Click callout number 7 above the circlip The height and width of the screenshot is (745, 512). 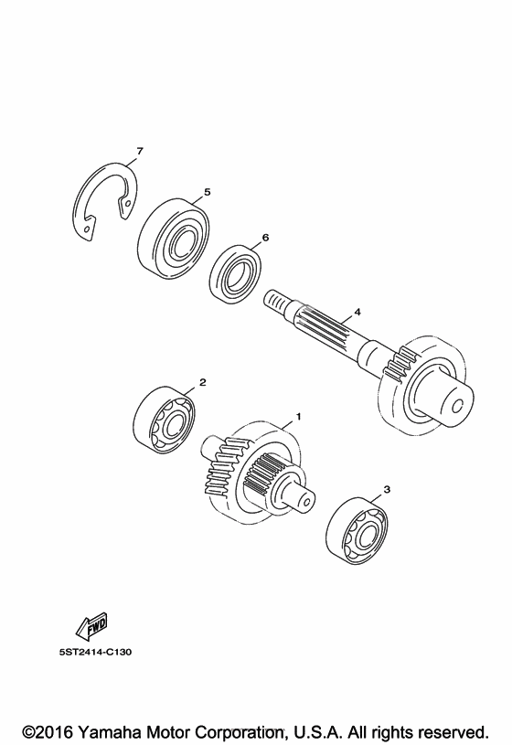tap(139, 152)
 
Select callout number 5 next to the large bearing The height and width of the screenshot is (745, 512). tap(207, 192)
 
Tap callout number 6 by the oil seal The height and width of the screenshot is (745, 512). tap(265, 238)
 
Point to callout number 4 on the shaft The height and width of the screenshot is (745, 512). tap(357, 312)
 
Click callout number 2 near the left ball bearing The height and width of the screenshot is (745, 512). tap(203, 382)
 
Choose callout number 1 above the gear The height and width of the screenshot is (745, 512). tap(299, 417)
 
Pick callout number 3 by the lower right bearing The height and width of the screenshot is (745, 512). tap(387, 489)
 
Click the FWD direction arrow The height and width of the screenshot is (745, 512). tap(91, 625)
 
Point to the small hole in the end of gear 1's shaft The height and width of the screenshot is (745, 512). tap(306, 500)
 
